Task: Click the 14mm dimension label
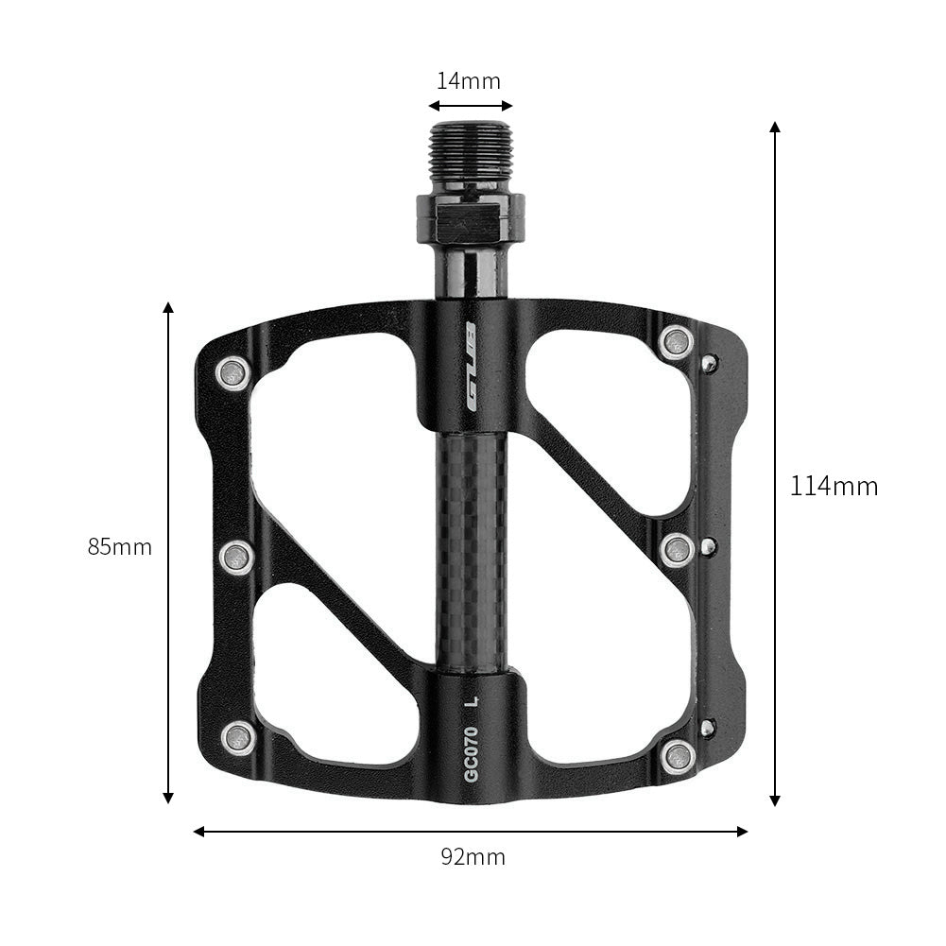[469, 81]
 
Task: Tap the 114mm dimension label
[834, 487]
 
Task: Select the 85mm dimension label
[120, 547]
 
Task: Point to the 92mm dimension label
[473, 857]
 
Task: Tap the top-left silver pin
[232, 374]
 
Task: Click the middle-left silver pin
[236, 557]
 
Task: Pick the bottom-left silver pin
[238, 737]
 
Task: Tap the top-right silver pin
[677, 341]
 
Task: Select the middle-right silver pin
[677, 549]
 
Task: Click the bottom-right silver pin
[679, 754]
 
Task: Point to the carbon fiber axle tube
[471, 548]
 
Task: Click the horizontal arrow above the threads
[471, 106]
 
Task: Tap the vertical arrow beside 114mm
[775, 284]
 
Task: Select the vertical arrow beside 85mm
[168, 425]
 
